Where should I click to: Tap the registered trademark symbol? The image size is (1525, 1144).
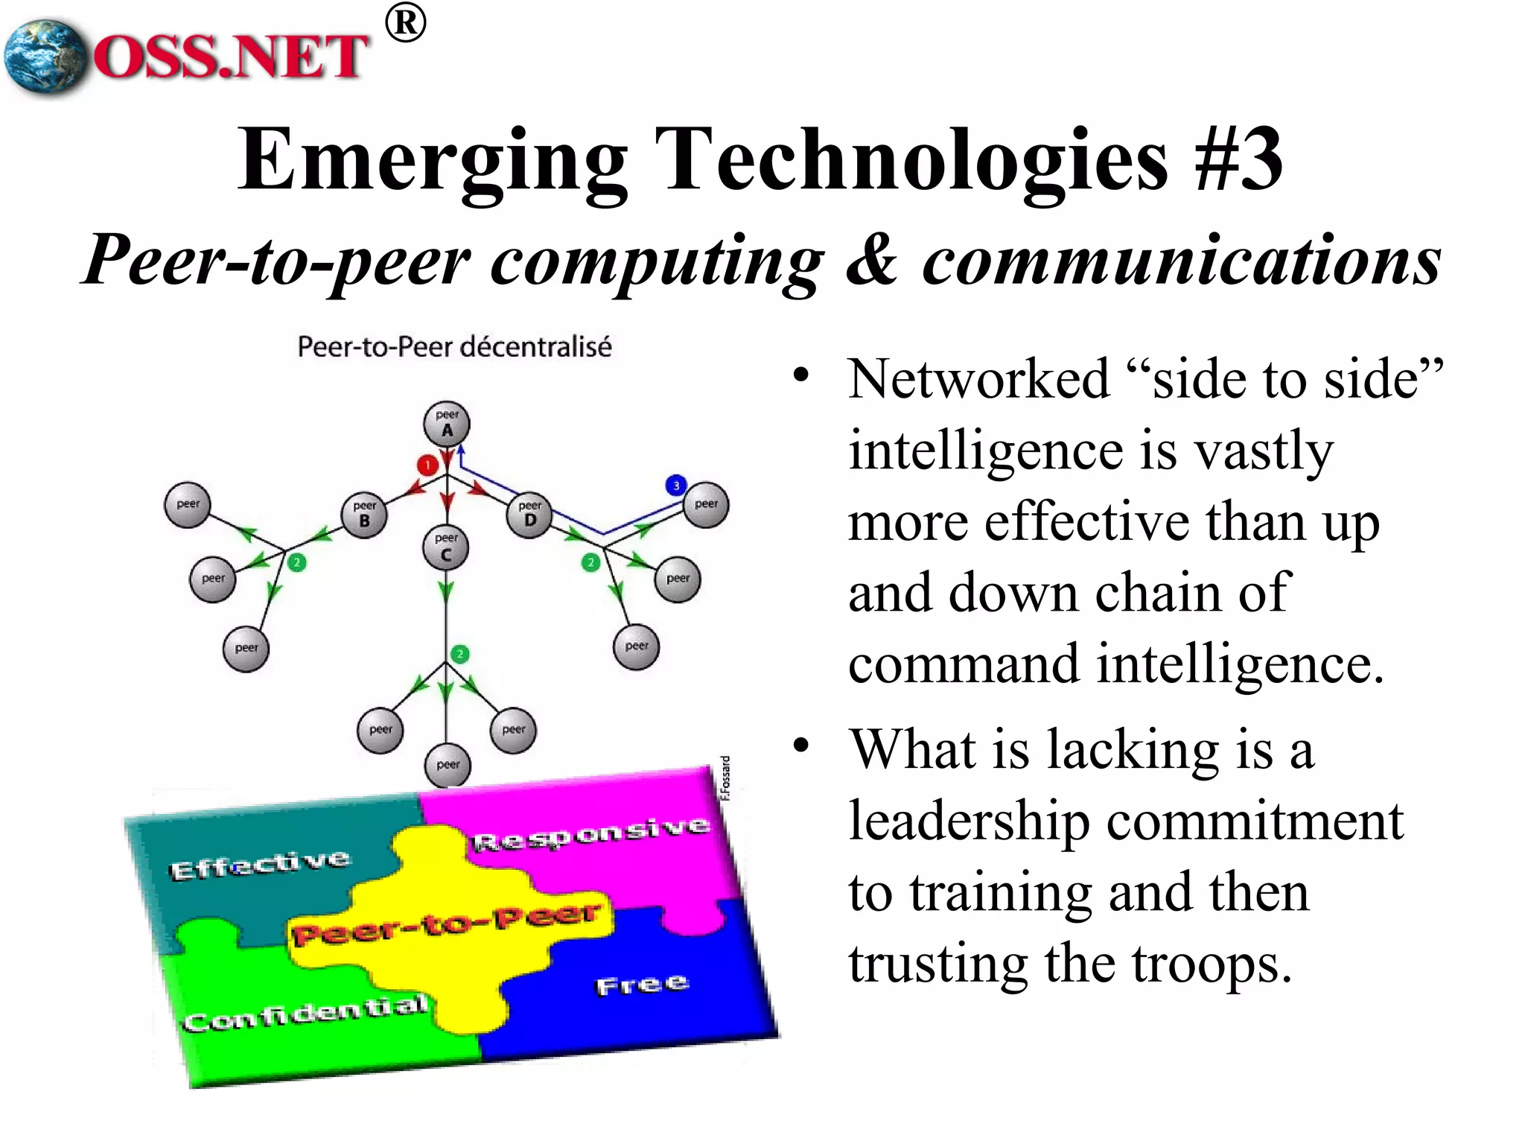pos(406,24)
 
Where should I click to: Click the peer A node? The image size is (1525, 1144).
pos(447,425)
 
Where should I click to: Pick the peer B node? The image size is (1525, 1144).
pos(364,515)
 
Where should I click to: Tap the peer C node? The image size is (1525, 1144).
pos(445,547)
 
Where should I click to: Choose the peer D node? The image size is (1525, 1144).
pos(529,515)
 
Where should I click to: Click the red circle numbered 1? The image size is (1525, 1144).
pos(427,465)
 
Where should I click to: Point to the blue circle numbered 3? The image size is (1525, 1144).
pos(675,486)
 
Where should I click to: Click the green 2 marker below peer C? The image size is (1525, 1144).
pos(460,654)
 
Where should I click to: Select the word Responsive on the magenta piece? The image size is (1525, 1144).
pos(590,834)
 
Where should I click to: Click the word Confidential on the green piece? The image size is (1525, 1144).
pos(306,1013)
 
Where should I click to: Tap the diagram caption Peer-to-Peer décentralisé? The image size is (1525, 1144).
pos(454,347)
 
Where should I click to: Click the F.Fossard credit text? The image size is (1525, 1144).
pos(726,778)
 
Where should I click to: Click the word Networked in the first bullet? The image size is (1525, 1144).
pos(978,379)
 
